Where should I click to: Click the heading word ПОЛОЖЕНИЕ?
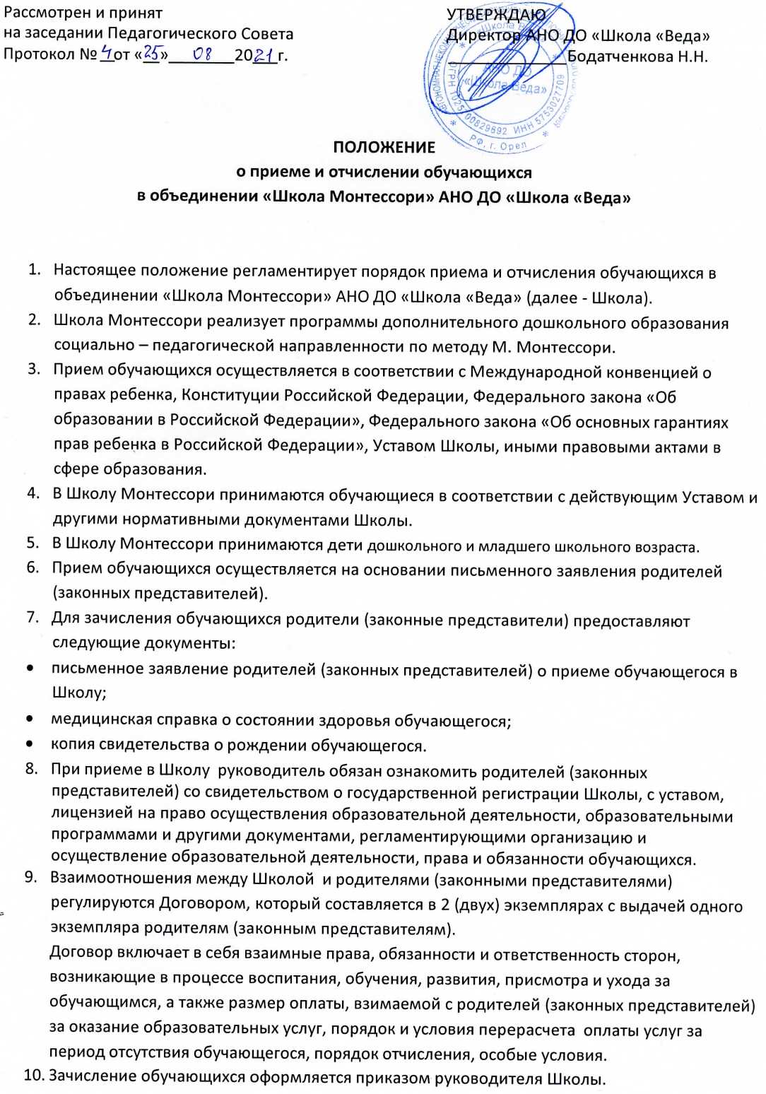pos(384,148)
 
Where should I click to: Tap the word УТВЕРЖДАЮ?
pos(496,14)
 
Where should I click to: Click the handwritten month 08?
pos(203,54)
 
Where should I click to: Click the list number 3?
pos(33,370)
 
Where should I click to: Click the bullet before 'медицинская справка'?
pos(30,719)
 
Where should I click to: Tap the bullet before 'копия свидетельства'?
pos(30,744)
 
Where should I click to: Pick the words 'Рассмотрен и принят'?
pos(83,13)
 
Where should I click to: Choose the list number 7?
pos(33,617)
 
